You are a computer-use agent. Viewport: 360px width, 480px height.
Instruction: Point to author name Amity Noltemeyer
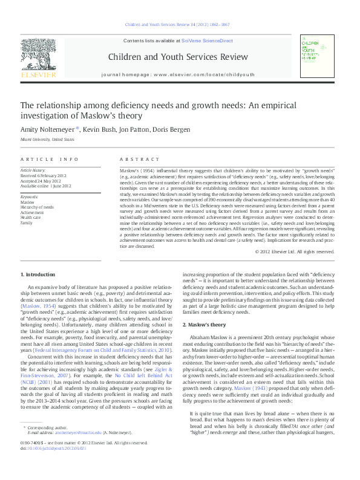[x=47, y=129]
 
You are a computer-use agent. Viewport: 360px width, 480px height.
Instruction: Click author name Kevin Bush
[x=100, y=129]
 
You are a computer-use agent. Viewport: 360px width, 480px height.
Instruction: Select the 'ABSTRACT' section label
[x=134, y=159]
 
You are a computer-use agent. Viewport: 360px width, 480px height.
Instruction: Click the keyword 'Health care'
[x=31, y=218]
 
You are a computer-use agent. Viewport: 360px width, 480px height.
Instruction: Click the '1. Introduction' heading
[x=39, y=274]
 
